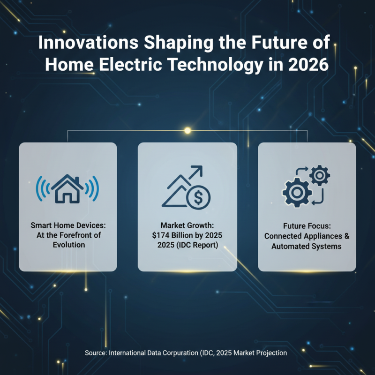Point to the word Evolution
click(67, 245)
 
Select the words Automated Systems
click(307, 246)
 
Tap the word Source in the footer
click(95, 352)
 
